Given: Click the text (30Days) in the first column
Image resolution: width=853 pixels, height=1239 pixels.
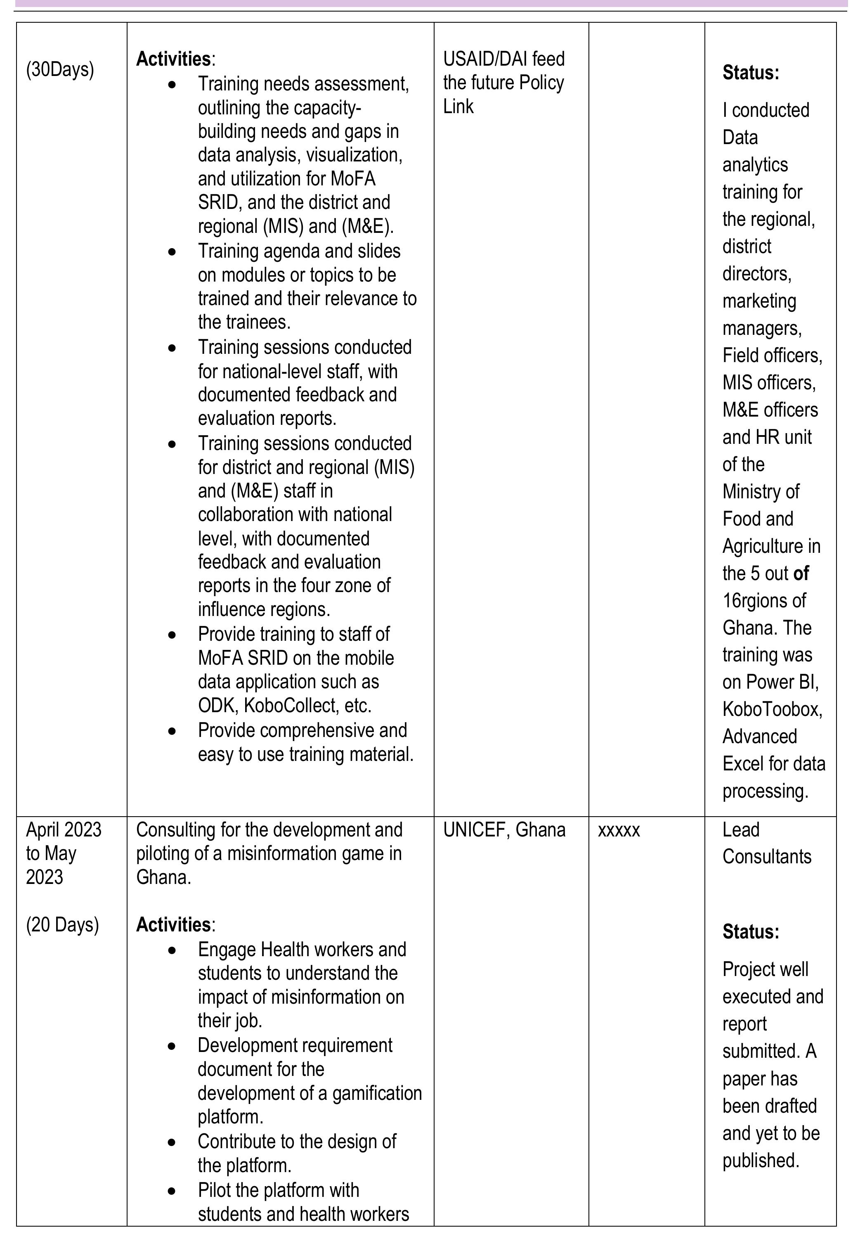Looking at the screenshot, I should (60, 69).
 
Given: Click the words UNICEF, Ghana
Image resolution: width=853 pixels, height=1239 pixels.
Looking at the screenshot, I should (504, 830).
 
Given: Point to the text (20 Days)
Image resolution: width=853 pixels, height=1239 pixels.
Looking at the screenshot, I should (63, 924).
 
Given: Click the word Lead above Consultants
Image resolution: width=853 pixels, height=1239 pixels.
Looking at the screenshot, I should (741, 830).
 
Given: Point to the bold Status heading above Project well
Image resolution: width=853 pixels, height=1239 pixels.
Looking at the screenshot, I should (750, 931).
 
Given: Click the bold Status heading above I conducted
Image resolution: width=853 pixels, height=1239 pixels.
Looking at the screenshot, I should (750, 73).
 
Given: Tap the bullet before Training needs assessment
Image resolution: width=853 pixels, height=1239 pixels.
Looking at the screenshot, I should (172, 85).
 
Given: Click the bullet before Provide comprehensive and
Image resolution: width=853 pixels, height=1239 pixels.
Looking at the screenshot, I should (172, 731).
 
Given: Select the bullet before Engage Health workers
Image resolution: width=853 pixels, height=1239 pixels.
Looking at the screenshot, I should (172, 950).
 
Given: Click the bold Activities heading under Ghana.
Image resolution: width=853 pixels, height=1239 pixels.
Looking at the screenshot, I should (174, 924).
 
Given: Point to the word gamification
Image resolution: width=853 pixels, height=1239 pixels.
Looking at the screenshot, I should (377, 1094).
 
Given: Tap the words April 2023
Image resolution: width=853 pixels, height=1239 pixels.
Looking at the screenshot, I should (64, 830).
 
